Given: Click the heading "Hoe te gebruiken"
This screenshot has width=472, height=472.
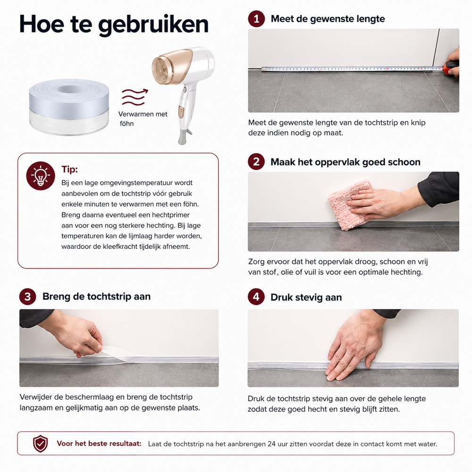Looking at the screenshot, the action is click(x=114, y=25).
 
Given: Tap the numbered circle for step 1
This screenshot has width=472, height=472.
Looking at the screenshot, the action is click(x=256, y=19).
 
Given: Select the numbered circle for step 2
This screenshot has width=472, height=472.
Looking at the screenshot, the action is click(x=256, y=162).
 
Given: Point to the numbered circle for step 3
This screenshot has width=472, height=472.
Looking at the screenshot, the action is click(x=28, y=296).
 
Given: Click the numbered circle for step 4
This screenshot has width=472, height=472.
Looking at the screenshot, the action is click(x=256, y=297).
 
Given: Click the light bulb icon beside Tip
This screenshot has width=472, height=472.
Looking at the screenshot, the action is click(x=41, y=176).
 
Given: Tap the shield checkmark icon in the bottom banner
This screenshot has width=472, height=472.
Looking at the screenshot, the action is click(x=40, y=443).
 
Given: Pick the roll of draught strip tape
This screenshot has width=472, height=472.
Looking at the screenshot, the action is click(x=69, y=107).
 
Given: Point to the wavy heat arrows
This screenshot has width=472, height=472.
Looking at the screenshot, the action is click(x=135, y=97).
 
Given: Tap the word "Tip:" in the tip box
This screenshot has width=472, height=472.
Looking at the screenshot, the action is click(x=69, y=169).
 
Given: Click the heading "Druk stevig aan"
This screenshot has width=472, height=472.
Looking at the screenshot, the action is click(x=306, y=297).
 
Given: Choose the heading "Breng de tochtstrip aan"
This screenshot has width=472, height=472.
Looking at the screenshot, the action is click(x=96, y=296).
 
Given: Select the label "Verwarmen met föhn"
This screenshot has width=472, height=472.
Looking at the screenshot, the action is click(x=143, y=118).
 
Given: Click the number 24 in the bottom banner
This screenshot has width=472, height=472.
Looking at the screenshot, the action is click(x=271, y=444).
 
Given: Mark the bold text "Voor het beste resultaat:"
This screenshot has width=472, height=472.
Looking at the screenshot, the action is click(x=99, y=443).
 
